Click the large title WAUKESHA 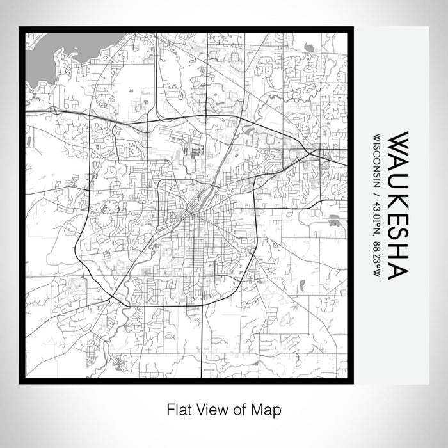pyautogui.click(x=396, y=205)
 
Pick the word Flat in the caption pyautogui.click(x=177, y=408)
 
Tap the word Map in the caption pyautogui.click(x=268, y=408)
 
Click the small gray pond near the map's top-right pyautogui.click(x=309, y=47)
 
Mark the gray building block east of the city pyautogui.click(x=333, y=221)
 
